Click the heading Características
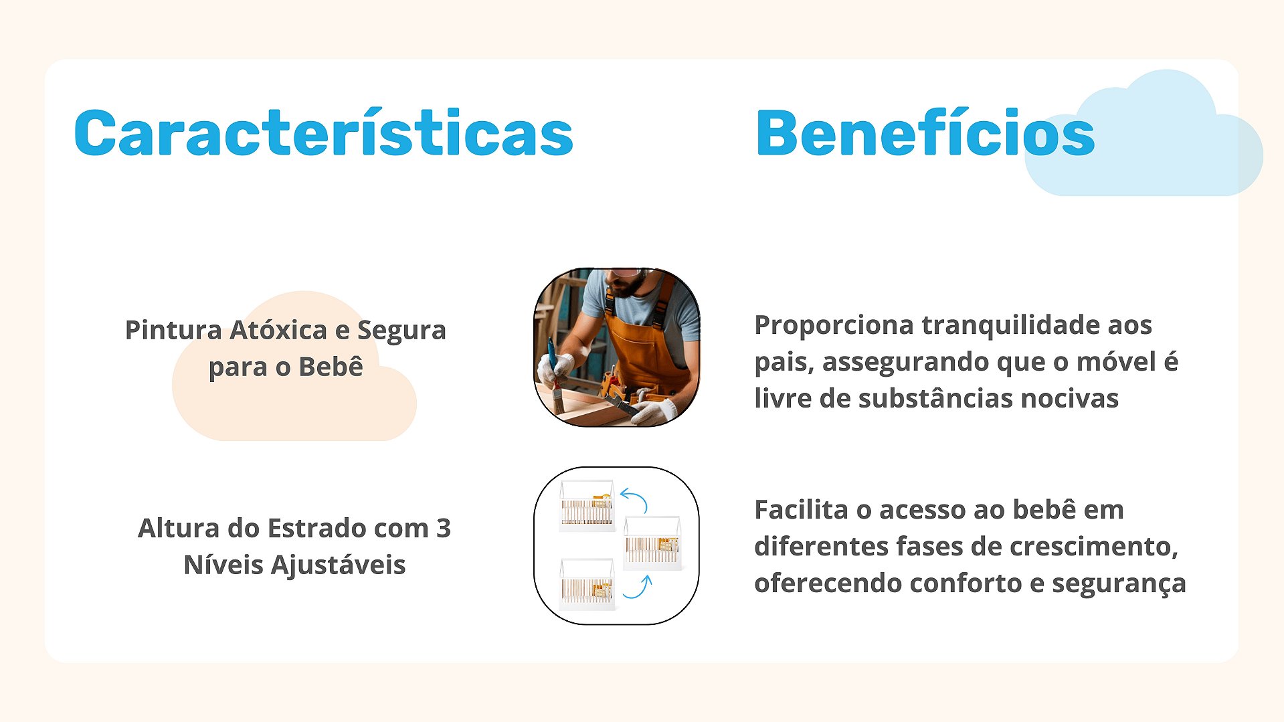(324, 132)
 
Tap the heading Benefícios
(925, 132)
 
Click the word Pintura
(173, 330)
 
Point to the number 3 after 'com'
(443, 528)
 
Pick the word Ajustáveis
(338, 565)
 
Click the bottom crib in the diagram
(587, 583)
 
